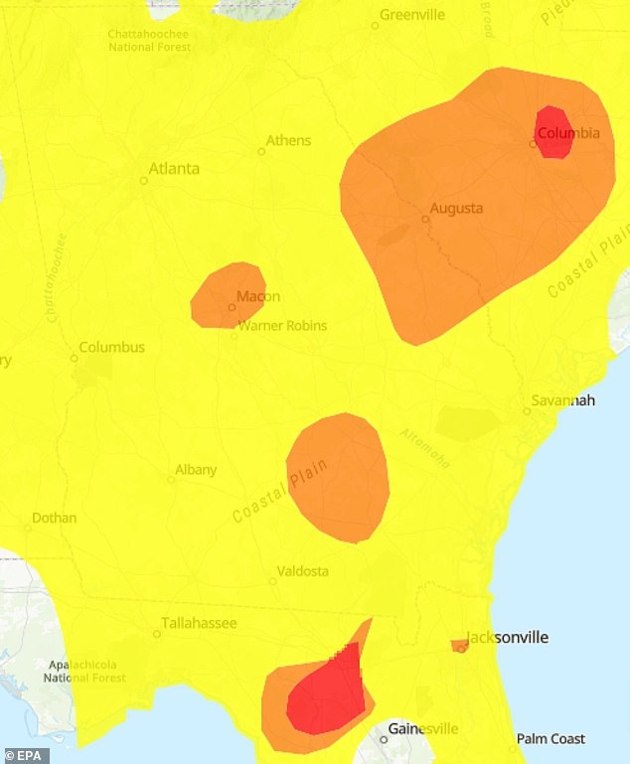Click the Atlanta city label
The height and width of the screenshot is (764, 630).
coord(173,169)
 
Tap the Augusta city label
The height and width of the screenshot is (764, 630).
coord(456,209)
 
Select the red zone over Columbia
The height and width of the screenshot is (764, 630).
coord(553,132)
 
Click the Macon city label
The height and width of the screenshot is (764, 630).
coord(258,296)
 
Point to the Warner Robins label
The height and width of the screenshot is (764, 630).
coord(282,325)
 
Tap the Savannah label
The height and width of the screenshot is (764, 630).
coord(564,400)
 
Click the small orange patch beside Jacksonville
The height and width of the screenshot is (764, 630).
coord(459,646)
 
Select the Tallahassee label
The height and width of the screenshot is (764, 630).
coord(200,623)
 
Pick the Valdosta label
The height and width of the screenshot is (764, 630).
coord(304,571)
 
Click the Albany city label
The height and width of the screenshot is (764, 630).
coord(196,470)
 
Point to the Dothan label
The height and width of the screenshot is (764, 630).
coord(54,518)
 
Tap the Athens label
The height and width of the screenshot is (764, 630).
coord(288,140)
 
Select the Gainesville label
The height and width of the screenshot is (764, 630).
coord(423,728)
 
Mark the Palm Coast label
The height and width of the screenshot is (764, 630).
coord(551,739)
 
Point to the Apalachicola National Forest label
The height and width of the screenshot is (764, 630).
coord(84,671)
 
